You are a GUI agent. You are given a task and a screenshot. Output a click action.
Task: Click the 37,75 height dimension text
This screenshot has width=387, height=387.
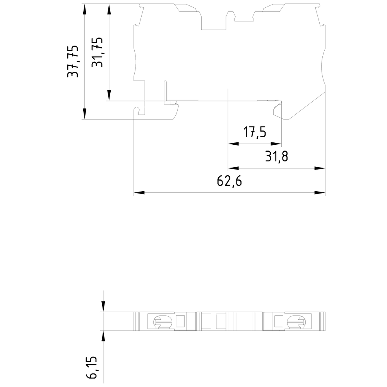73,61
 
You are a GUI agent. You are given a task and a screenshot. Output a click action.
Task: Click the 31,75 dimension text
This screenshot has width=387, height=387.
97,52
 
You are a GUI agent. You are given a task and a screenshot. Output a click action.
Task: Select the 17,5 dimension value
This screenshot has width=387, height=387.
255,132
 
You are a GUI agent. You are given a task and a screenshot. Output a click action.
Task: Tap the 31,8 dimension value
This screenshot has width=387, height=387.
276,157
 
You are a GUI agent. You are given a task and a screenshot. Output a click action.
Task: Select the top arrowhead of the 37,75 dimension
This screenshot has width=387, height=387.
85,9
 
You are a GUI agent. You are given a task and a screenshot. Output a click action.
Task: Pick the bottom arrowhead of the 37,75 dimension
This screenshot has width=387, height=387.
85,114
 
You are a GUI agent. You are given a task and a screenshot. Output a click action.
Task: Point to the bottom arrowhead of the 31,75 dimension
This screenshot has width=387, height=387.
109,95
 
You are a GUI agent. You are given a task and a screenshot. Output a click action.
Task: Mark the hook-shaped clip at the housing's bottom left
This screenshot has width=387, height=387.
140,111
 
